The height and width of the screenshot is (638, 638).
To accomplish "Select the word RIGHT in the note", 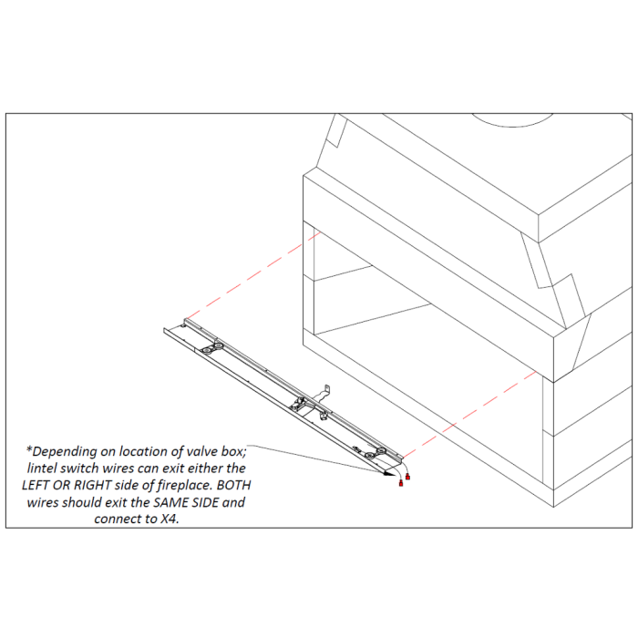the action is (92, 485).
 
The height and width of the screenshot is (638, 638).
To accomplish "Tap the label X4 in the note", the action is (170, 519).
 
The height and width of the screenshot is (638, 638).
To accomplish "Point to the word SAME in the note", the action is (169, 502).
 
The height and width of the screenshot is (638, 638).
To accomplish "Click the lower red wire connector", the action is (401, 483).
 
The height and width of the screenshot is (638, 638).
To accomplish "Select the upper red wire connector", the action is (407, 477).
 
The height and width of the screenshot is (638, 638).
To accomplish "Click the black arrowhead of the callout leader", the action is (389, 474).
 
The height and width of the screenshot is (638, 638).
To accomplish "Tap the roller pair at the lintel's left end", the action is (212, 348).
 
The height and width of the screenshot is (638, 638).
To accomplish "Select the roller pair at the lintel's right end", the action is (376, 453).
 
